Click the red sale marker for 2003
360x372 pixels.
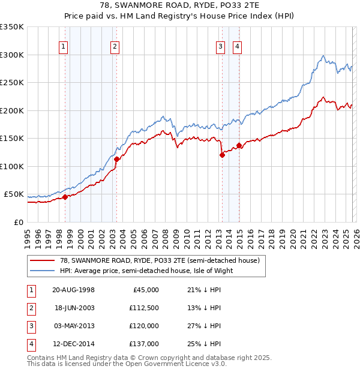click(116, 159)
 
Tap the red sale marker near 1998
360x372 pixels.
click(65, 197)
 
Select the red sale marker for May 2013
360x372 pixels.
click(222, 155)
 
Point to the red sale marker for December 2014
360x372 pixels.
click(239, 145)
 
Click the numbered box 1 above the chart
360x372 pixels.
click(64, 46)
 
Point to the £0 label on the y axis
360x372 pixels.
click(19, 223)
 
